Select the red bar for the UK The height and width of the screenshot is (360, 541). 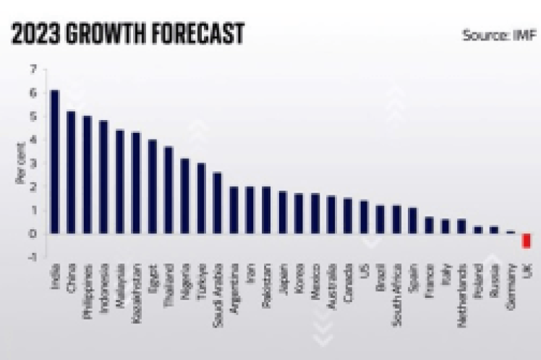[x=527, y=241]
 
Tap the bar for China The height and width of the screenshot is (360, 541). [x=71, y=172]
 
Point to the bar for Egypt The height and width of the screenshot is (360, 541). [x=152, y=187]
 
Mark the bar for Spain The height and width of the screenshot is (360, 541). [x=412, y=220]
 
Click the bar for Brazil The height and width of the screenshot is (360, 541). [x=380, y=219]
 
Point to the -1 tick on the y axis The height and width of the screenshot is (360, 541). [x=32, y=257]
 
